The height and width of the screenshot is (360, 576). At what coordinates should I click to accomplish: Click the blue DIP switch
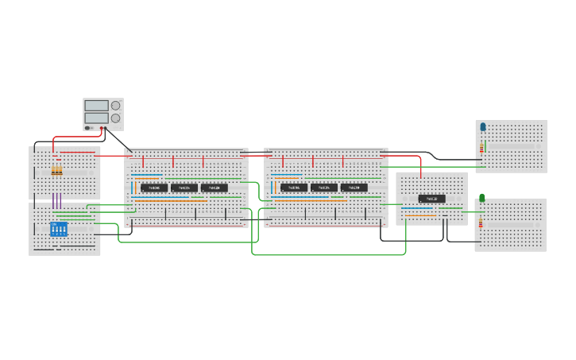point(59,229)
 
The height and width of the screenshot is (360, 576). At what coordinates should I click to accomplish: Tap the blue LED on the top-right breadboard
point(483,126)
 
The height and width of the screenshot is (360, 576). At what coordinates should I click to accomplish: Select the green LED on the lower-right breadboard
point(481,198)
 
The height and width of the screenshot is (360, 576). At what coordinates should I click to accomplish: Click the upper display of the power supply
point(96,106)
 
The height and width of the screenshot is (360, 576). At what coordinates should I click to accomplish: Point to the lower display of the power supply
point(96,118)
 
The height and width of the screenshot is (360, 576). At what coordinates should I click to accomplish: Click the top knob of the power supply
point(116,106)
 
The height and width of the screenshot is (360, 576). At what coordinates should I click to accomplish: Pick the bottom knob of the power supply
point(116,118)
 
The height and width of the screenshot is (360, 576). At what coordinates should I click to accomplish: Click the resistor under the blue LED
point(481,148)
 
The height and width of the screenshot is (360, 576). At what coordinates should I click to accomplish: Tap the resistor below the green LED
point(481,222)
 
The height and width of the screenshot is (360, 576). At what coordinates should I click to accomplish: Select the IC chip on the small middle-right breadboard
point(432,199)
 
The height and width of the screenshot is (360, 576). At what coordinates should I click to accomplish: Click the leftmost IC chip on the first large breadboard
point(154,188)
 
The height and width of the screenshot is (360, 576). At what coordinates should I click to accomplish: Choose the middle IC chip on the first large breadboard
point(184,188)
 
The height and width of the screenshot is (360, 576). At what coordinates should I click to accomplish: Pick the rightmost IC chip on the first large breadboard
point(215,188)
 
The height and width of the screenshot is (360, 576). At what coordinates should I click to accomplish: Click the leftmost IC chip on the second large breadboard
point(294,188)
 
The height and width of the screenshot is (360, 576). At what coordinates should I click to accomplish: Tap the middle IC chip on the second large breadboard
point(324,188)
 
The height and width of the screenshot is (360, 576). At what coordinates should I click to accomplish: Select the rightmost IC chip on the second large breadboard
point(354,188)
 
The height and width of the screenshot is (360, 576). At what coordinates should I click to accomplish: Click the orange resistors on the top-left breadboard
point(56,171)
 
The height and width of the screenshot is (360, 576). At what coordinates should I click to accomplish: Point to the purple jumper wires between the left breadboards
point(56,199)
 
